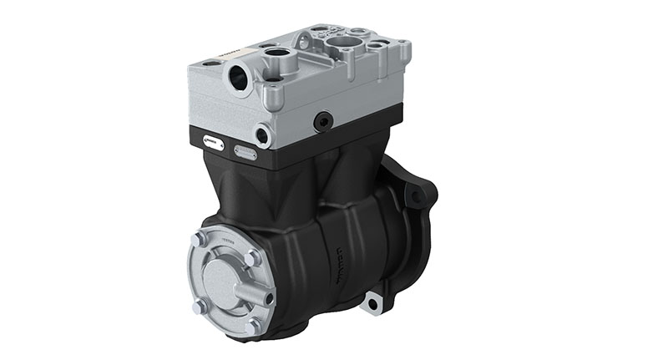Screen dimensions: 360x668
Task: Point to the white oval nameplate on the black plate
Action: pos(213,144)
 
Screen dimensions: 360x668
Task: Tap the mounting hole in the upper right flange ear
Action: pos(415,197)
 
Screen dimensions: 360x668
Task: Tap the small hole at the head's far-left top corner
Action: pos(210,62)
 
